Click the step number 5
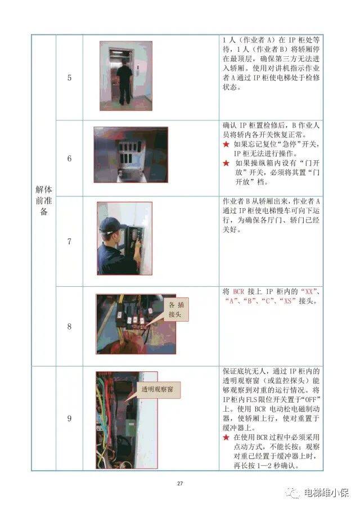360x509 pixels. coord(69,78)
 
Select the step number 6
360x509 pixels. coord(69,159)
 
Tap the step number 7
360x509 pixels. coord(69,242)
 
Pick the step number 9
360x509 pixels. coord(69,418)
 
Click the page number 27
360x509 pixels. coord(180,483)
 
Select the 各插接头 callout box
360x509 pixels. coord(179,310)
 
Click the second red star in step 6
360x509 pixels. coord(226,164)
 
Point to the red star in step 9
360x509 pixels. coord(226,437)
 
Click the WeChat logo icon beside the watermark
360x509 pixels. coord(295,493)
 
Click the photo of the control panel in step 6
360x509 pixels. coord(130,154)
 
